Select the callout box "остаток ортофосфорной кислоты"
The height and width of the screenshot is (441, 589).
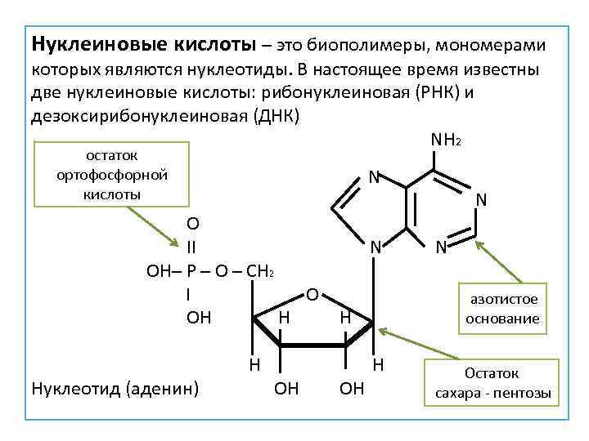pyautogui.click(x=112, y=174)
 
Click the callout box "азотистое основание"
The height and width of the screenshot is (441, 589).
pyautogui.click(x=502, y=308)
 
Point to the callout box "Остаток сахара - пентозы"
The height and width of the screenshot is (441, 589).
pyautogui.click(x=492, y=384)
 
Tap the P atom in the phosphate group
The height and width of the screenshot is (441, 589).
pyautogui.click(x=190, y=269)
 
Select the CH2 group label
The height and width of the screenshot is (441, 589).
pyautogui.click(x=259, y=270)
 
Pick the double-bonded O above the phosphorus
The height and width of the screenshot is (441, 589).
pyautogui.click(x=191, y=223)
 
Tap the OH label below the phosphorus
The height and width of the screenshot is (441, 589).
pyautogui.click(x=198, y=317)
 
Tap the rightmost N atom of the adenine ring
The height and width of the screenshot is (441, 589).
pyautogui.click(x=482, y=199)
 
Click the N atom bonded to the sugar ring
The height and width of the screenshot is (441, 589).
pyautogui.click(x=375, y=247)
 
